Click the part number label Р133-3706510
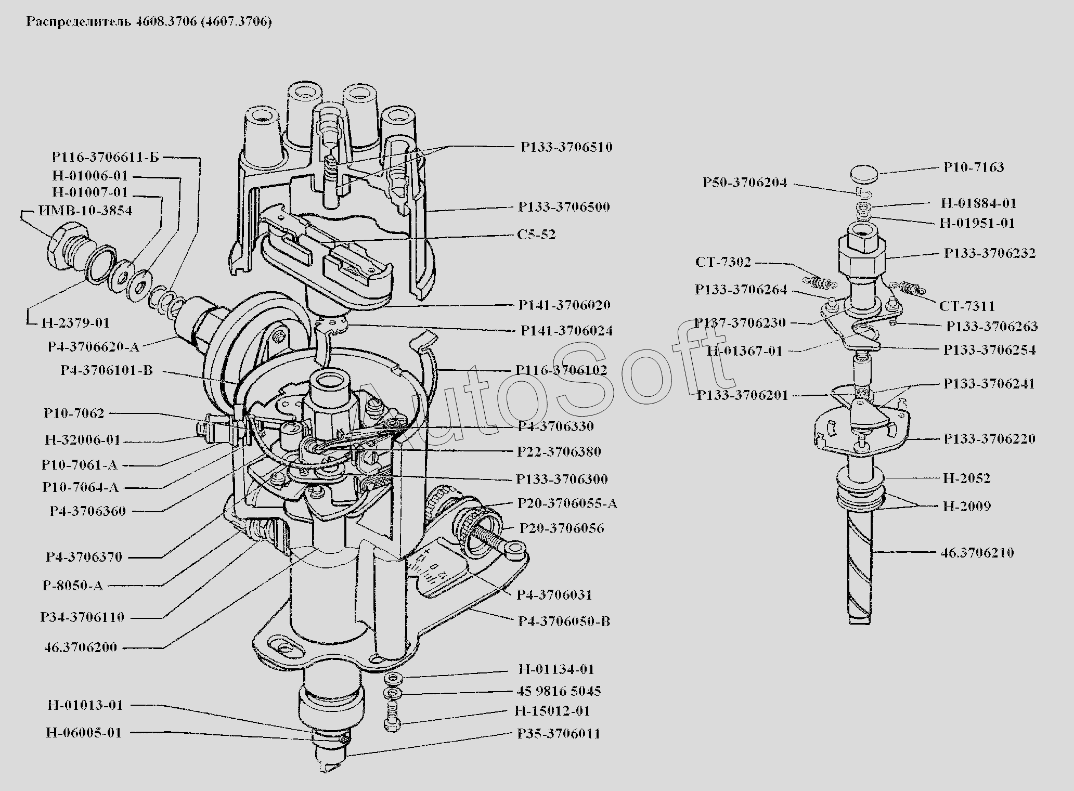(567, 147)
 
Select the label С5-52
(536, 235)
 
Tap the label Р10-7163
(974, 167)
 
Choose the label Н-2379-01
(75, 323)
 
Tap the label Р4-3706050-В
(564, 621)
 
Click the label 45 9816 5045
(559, 691)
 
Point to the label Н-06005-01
(84, 733)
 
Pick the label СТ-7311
(967, 306)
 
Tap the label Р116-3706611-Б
(106, 157)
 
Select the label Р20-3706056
(562, 529)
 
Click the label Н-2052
(967, 478)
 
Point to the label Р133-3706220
(989, 439)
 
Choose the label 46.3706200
(81, 647)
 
